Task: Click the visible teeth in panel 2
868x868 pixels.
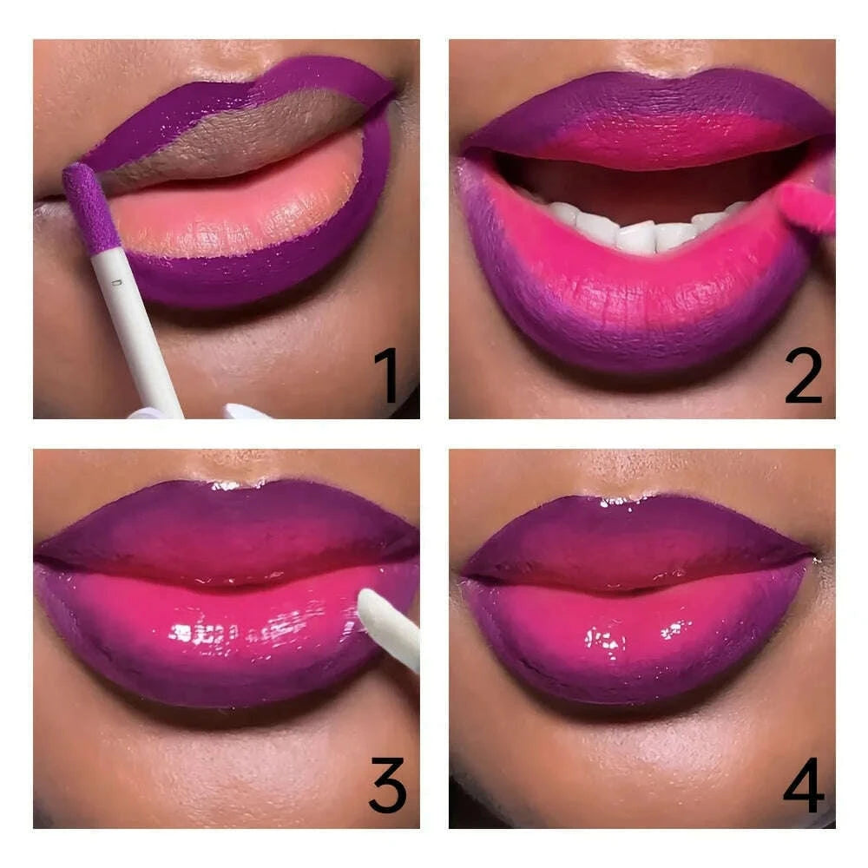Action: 638,230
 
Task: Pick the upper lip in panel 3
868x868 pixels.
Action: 226,529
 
